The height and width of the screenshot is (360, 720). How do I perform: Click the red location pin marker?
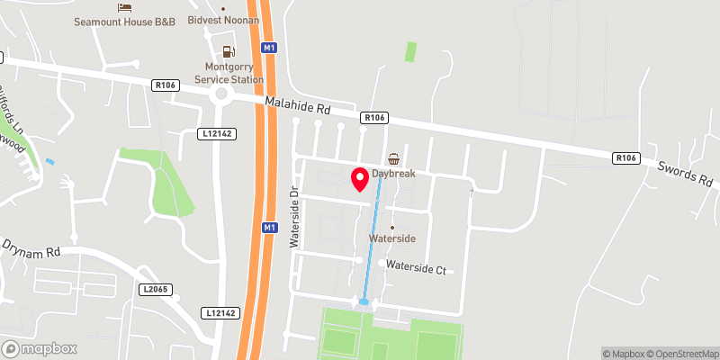click(x=360, y=179)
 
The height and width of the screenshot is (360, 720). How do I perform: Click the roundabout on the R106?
click(x=220, y=94)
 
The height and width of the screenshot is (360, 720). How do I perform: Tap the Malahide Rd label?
click(x=298, y=106)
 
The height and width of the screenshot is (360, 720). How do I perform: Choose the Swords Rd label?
click(x=685, y=173)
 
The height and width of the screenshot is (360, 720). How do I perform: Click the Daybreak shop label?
click(x=393, y=174)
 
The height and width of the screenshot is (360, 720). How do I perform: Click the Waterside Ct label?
click(x=416, y=266)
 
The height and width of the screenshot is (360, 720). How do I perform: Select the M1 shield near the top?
click(x=269, y=46)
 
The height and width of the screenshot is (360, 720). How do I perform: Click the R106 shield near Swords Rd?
click(x=625, y=158)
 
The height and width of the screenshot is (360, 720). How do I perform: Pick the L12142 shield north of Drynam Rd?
click(x=216, y=133)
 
